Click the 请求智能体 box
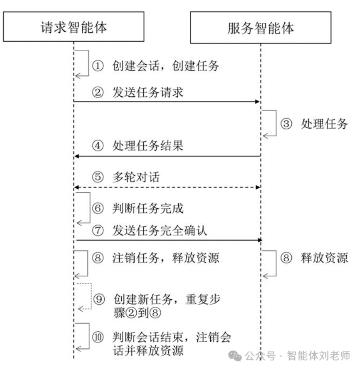coord(73,27)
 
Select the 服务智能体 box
coord(260,27)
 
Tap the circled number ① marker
coord(98,66)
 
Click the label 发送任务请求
coord(148,93)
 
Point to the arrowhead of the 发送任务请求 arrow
coord(256,102)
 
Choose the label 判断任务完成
coord(148,208)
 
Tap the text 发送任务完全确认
coord(159,231)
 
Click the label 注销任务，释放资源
coord(166,258)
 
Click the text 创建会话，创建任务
coord(166,66)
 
